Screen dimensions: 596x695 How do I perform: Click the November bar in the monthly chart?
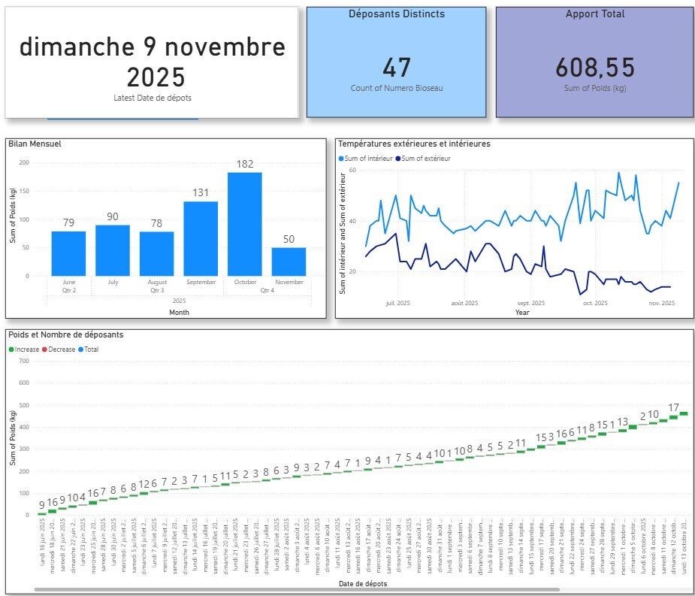point(289,261)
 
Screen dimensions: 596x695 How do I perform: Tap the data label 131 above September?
point(201,192)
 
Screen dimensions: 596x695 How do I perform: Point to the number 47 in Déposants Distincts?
point(397,68)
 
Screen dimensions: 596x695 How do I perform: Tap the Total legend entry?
point(89,349)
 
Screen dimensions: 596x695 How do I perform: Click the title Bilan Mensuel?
point(35,144)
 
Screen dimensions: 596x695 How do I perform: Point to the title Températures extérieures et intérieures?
point(414,144)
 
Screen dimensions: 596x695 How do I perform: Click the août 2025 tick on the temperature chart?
point(464,303)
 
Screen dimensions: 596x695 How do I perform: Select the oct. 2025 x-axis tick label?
point(595,303)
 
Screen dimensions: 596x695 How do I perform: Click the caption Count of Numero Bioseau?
point(397,89)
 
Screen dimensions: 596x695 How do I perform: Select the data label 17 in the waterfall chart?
point(673,408)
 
